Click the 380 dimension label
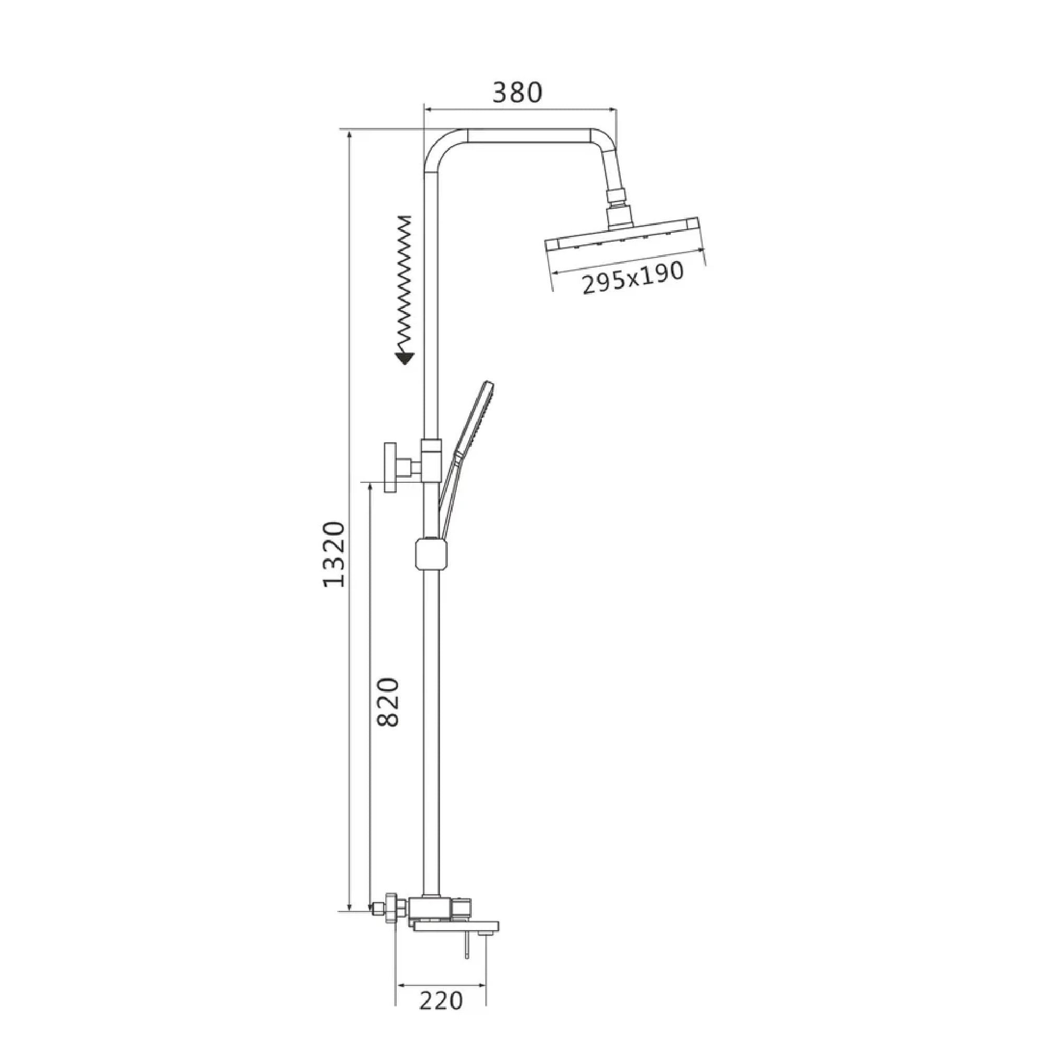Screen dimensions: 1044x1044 [x=517, y=92]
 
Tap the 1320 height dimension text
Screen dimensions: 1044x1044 [x=334, y=554]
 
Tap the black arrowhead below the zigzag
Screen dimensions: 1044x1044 [x=404, y=358]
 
